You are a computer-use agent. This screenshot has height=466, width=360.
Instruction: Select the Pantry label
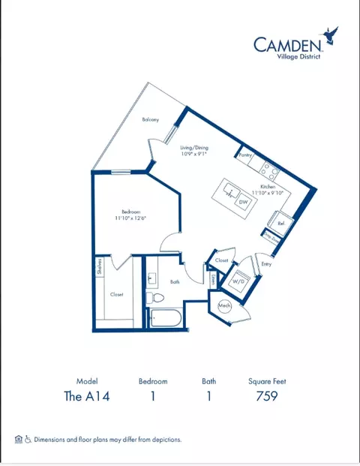point(244,154)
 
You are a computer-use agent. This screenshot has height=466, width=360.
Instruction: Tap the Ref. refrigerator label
point(280,223)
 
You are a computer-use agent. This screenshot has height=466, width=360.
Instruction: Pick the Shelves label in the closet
point(98,268)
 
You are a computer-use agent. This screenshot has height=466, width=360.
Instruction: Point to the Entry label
point(265,263)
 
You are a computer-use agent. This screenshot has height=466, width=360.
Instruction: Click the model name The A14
point(87,396)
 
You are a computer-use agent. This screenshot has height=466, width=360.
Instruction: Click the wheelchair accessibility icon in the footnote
point(27,439)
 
